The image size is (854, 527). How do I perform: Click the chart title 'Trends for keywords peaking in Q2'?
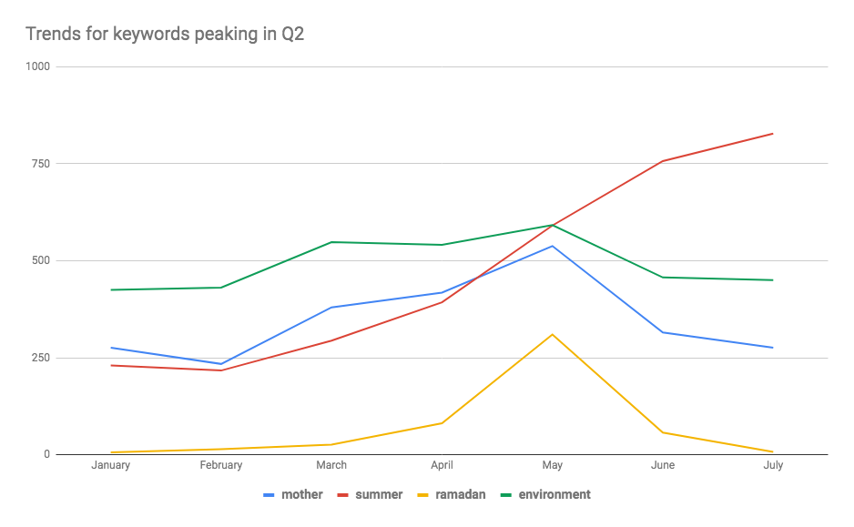(165, 35)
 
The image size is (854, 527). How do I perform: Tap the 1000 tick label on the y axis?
(37, 66)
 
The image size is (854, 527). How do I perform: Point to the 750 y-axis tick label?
(41, 163)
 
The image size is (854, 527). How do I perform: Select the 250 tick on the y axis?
(41, 358)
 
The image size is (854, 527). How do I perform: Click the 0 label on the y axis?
(46, 454)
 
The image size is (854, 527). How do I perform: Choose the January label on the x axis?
(110, 465)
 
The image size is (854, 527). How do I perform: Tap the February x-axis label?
(221, 465)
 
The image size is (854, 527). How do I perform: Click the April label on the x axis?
(442, 465)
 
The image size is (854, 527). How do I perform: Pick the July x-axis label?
(773, 465)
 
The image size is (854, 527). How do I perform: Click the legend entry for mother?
(293, 495)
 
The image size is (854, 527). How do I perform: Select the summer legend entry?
(370, 495)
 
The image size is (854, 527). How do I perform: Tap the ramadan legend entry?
(451, 495)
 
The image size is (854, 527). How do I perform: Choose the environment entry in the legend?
(545, 495)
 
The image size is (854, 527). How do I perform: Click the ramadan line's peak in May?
(553, 334)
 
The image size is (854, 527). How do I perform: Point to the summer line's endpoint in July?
(772, 134)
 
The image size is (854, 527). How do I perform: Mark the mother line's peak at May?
(553, 246)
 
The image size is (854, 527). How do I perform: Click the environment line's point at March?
(331, 242)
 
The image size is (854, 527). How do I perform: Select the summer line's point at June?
(662, 161)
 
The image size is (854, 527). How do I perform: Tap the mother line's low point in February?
(221, 364)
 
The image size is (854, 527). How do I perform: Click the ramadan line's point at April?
(442, 423)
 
